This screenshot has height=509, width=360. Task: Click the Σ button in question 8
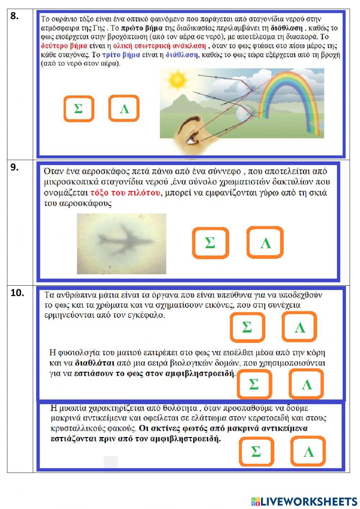pos(78,108)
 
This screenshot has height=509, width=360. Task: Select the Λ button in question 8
pos(124,108)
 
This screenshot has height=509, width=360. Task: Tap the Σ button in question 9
pos(210,243)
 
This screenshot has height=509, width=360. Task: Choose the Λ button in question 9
pos(265,243)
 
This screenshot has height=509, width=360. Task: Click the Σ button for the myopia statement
pos(256,451)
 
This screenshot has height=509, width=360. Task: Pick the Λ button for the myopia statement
pos(308,451)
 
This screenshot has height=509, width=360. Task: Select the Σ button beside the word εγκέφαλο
pos(247,327)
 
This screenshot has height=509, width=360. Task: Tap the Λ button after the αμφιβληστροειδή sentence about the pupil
pos(306,384)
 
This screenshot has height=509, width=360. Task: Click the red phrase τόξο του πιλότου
pos(125,193)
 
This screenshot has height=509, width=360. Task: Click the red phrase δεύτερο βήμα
pos(64,46)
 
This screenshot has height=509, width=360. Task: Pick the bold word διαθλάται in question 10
pos(95,363)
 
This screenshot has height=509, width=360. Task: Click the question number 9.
pos(14,167)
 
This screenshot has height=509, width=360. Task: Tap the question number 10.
pos(17,293)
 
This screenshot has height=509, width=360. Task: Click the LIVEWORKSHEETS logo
pos(304,501)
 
